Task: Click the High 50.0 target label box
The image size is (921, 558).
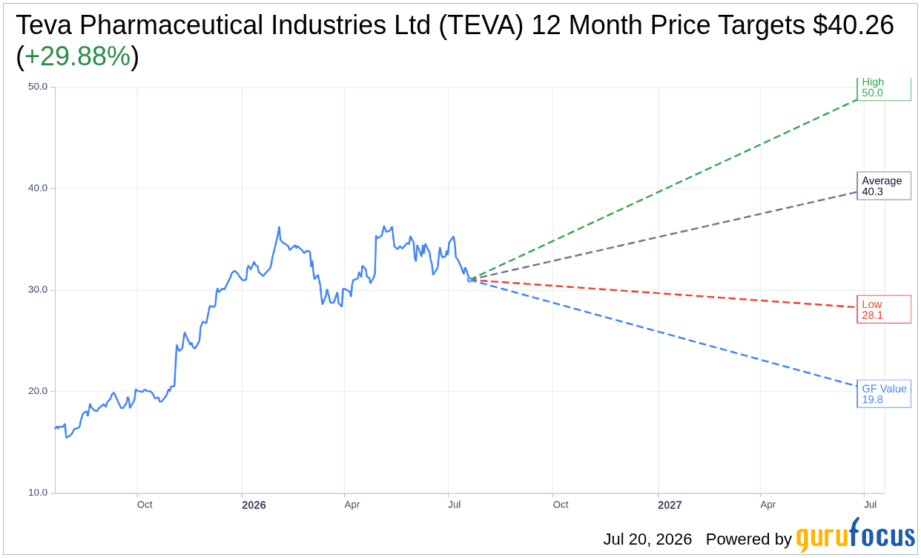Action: point(884,88)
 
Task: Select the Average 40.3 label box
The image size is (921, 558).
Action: point(884,186)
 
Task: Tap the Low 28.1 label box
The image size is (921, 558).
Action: point(884,309)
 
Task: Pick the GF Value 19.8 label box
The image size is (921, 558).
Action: point(884,394)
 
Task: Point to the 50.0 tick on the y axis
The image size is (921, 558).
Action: point(38,87)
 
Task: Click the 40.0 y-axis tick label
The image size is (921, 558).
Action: point(38,188)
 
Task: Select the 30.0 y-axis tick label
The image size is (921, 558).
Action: point(38,289)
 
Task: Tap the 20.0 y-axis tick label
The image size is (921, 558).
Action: point(38,391)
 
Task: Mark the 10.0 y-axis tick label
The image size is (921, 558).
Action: point(38,493)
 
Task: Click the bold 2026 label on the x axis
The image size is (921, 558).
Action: point(254,505)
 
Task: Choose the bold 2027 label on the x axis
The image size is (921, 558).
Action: point(670,505)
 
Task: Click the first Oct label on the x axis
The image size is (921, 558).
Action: point(145,505)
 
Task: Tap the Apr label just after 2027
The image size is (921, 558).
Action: point(767,505)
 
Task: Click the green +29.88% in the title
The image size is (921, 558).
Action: point(78,56)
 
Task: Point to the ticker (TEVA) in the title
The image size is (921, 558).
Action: point(481,25)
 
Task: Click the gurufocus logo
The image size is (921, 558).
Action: point(856,534)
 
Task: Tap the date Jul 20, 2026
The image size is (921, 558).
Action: point(647,539)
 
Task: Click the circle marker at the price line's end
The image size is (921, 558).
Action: point(469,280)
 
